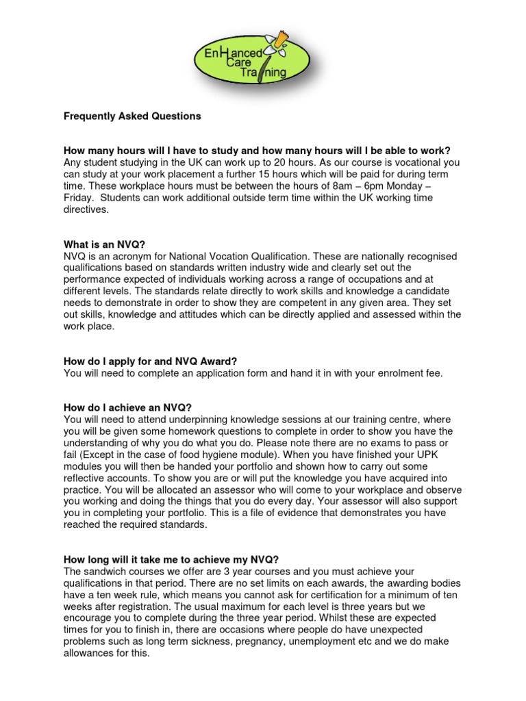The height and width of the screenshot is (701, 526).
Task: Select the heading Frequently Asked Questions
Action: point(132,116)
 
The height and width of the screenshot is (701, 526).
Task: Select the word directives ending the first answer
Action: point(86,209)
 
